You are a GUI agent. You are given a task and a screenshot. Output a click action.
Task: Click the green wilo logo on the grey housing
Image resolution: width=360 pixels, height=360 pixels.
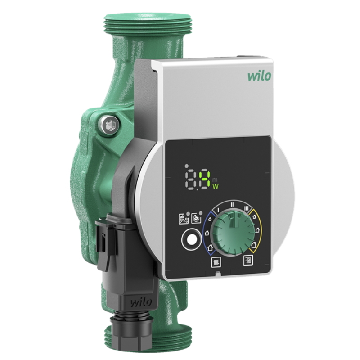click(260, 76)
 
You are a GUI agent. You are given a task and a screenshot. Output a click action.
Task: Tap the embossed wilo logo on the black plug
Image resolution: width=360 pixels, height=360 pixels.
click(141, 302)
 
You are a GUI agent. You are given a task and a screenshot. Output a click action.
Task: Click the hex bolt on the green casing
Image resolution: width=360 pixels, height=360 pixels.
click(109, 125)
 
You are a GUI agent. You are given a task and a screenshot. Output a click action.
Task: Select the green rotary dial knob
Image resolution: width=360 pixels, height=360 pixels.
click(233, 233)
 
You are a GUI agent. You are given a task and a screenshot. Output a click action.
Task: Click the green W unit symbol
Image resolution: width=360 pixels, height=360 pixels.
click(216, 186)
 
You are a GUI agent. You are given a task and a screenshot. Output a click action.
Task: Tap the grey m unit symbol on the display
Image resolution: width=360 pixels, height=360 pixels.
click(215, 179)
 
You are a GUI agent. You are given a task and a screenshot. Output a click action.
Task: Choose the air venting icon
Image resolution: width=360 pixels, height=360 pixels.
click(184, 219)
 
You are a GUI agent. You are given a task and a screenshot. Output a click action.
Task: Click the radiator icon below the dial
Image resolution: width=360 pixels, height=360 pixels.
click(216, 262)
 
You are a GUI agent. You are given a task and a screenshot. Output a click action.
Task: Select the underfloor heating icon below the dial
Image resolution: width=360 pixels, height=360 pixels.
click(248, 261)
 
